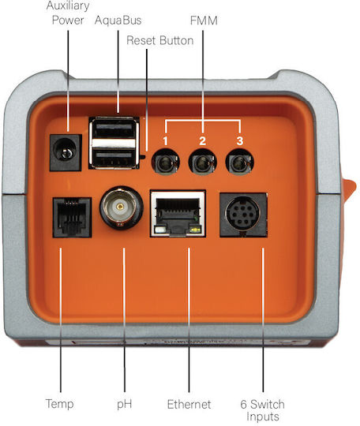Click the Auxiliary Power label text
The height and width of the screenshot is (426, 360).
68,13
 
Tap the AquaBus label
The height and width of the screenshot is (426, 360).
118,21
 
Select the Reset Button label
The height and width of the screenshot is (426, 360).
160,40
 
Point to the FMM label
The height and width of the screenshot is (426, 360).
204,21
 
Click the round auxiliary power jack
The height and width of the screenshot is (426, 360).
65,152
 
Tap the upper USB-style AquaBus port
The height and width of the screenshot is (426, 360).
114,130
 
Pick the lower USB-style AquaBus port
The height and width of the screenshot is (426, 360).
114,158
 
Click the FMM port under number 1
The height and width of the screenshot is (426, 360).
165,163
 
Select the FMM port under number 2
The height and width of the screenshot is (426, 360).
203,163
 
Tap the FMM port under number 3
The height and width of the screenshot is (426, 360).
240,163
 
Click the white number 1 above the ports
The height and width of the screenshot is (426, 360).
165,141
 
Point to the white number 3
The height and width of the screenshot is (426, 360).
239,141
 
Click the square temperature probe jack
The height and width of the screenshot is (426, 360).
72,218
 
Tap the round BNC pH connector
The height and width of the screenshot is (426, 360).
121,208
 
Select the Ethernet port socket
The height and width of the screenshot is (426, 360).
178,214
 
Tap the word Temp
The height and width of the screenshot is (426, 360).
59,403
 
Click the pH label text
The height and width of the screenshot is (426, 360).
125,404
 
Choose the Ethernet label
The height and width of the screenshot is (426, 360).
189,404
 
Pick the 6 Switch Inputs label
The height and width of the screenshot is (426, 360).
262,410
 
